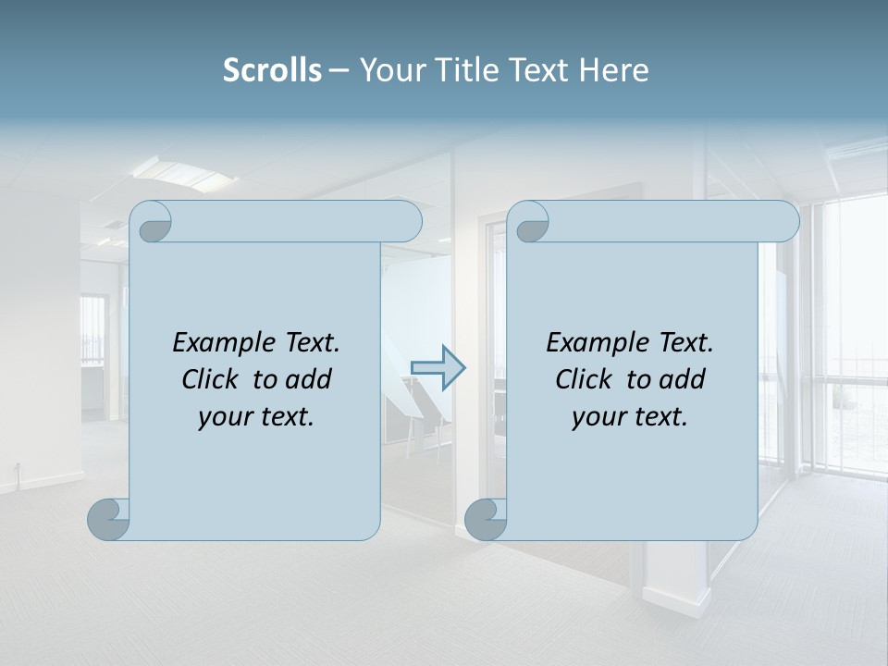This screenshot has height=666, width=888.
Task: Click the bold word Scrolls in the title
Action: tap(272, 70)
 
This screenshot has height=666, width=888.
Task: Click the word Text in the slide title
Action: tap(536, 70)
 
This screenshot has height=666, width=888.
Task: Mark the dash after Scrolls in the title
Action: tap(339, 70)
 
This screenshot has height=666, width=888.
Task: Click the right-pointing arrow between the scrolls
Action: tap(438, 367)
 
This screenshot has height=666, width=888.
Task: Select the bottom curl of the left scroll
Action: tap(108, 519)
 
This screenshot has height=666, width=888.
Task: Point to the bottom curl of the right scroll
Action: tap(486, 519)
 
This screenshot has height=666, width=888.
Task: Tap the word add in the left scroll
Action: tap(309, 379)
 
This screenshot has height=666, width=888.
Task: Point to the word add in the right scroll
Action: tap(683, 379)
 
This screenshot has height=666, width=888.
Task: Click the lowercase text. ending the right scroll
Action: tap(660, 417)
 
